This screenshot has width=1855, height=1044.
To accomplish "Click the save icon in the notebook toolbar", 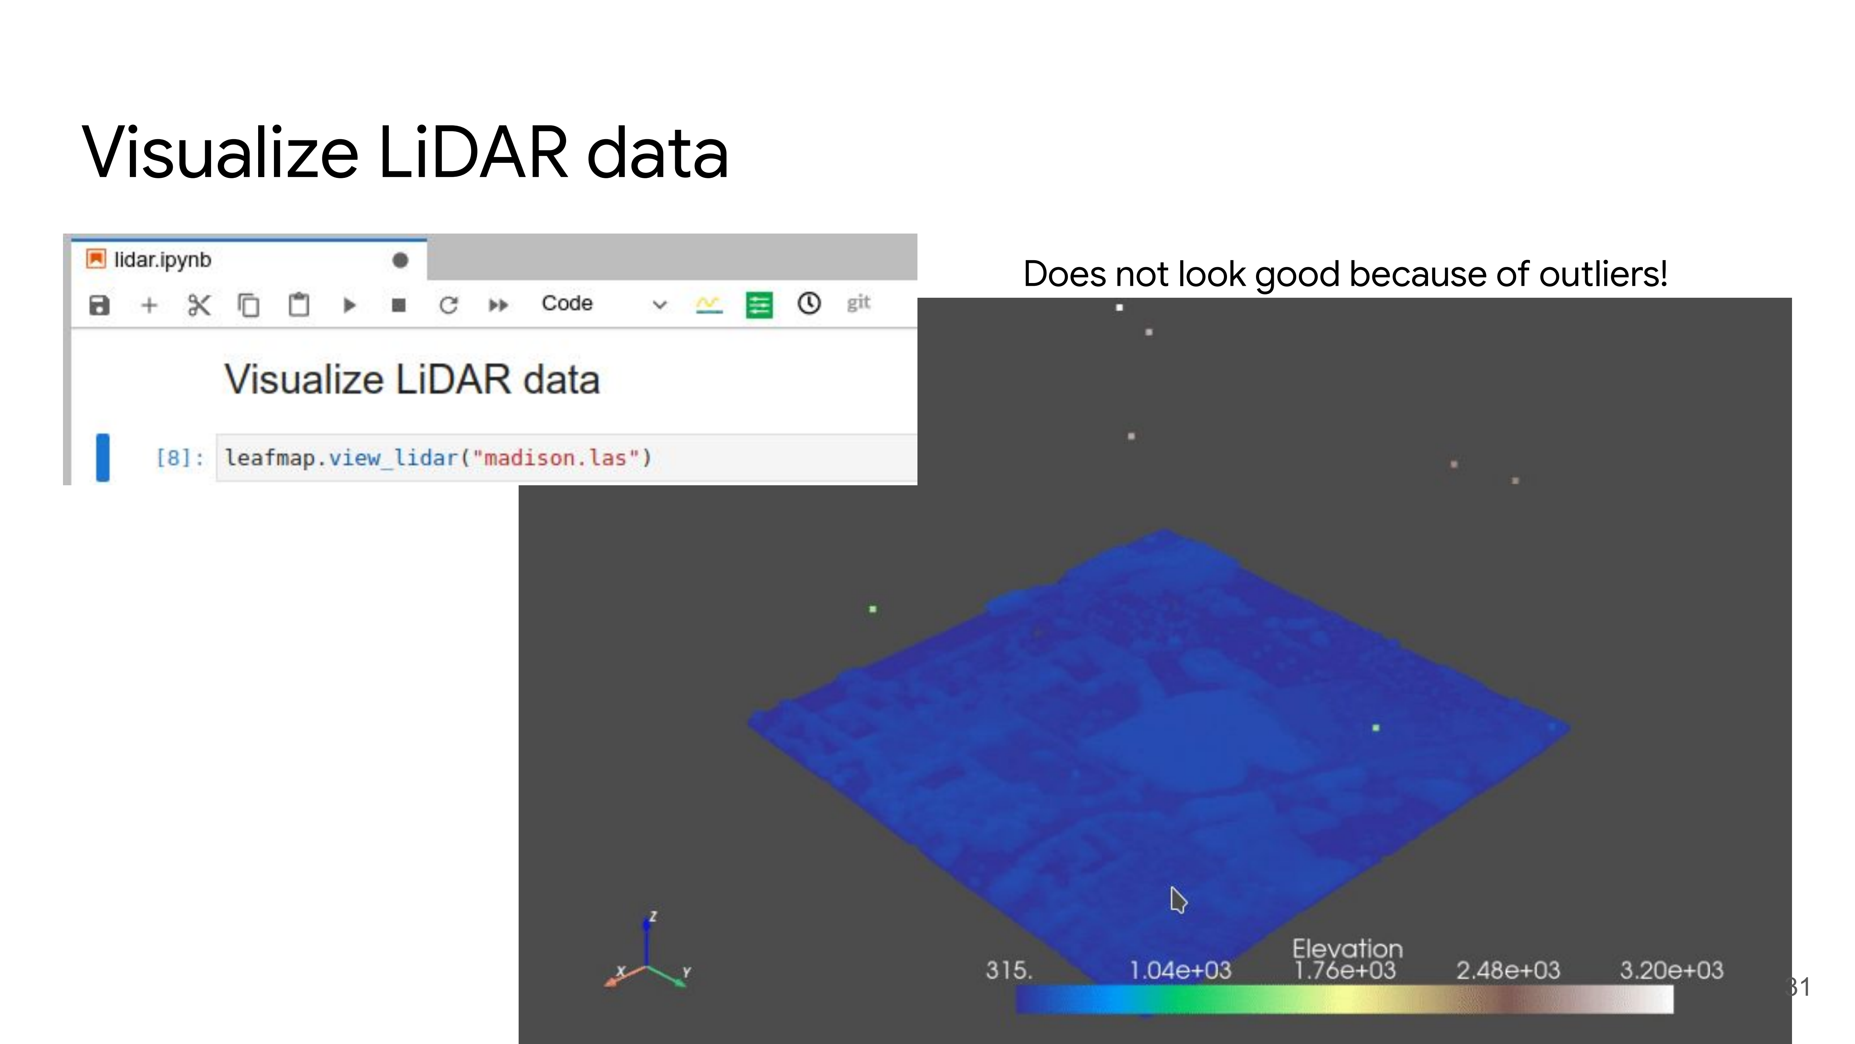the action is click(99, 305).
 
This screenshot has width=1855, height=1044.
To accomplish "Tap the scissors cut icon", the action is click(199, 305).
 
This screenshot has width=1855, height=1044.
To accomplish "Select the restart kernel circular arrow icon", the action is click(449, 305).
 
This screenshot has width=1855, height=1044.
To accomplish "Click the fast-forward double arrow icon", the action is click(498, 305).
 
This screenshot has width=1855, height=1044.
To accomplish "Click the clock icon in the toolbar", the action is click(809, 303).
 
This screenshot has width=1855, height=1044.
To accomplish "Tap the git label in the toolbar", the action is click(858, 303).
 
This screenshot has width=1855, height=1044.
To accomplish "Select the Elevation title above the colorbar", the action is click(1347, 948).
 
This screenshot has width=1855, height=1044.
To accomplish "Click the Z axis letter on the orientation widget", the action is click(653, 916).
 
